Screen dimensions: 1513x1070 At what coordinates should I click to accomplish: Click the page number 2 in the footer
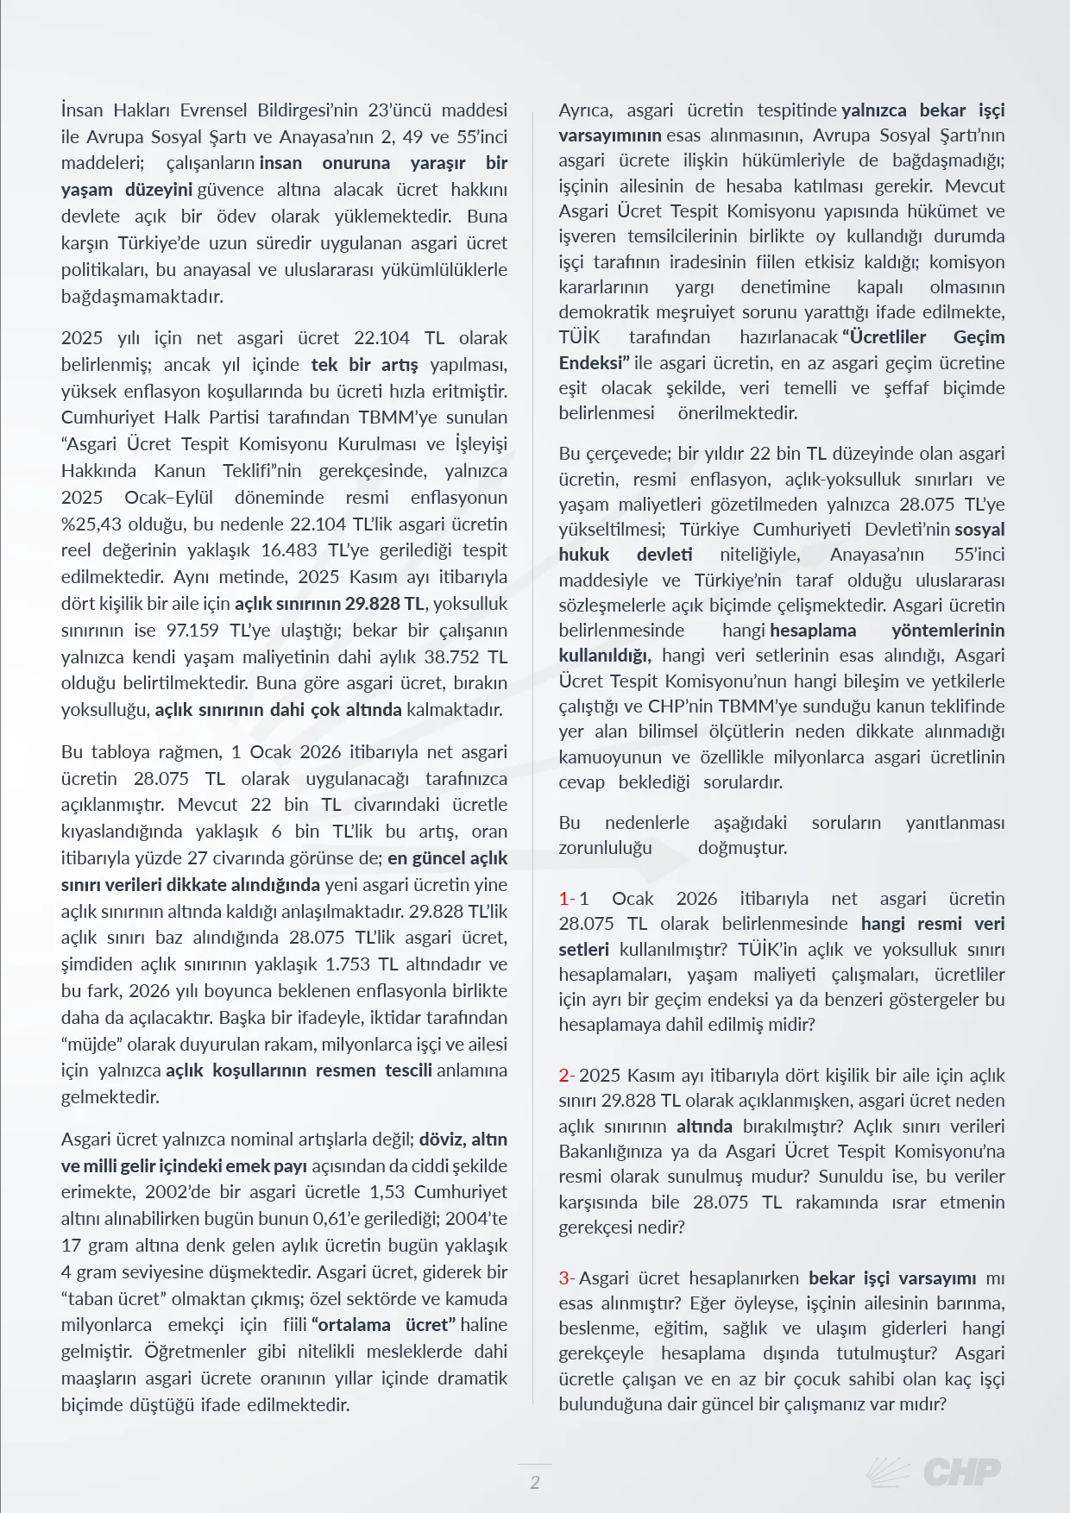535,1482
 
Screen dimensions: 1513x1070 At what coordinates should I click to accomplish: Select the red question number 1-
566,899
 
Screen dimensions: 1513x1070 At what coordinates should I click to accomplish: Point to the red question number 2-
566,1076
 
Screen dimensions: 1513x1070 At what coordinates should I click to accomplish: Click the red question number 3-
566,1278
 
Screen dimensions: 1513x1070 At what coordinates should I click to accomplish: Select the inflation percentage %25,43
93,524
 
